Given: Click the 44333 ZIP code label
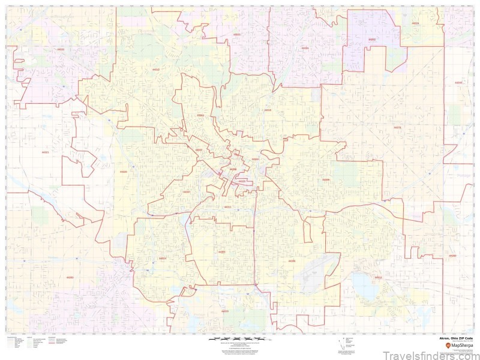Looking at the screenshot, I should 60,49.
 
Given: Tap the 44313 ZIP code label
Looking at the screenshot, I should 156,70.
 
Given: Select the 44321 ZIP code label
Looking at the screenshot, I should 46,153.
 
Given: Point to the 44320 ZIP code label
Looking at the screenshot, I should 124,172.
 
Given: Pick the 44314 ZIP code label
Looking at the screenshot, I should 162,259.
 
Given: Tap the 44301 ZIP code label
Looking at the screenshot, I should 222,252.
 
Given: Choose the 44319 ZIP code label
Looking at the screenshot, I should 225,311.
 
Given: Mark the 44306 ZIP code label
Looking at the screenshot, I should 292,262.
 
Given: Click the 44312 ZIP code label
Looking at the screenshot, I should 378,277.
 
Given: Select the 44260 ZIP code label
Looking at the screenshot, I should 452,256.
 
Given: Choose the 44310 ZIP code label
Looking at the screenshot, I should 268,110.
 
